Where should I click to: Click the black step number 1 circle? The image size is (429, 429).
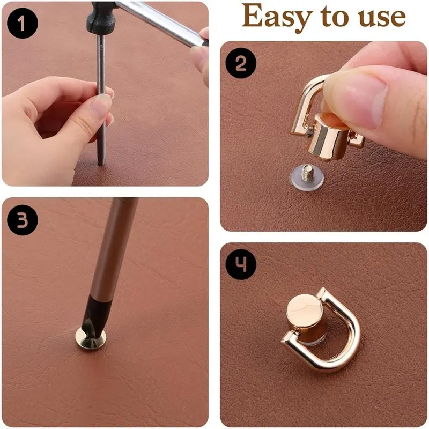point(23,23)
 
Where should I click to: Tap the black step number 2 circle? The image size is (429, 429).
point(241,63)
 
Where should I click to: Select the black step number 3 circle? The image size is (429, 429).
point(23,220)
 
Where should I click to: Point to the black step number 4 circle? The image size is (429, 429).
point(241,264)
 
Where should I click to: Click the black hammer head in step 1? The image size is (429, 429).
point(102,17)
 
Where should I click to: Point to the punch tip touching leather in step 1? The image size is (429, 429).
point(101,164)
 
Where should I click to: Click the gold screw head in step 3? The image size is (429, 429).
point(91,337)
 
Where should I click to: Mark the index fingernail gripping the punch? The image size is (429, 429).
point(101,105)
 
